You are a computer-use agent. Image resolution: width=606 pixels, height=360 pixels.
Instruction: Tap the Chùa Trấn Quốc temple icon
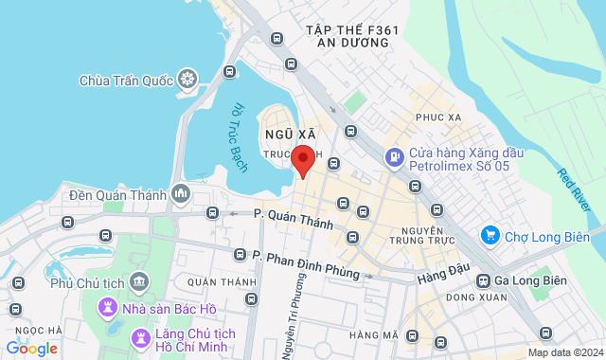point(187,78)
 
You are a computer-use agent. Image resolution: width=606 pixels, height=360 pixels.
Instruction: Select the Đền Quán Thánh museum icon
point(181,194)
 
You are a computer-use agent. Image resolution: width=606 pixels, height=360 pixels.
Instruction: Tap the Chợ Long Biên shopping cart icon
point(490,234)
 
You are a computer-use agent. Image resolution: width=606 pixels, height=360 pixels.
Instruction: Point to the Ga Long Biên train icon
point(484,280)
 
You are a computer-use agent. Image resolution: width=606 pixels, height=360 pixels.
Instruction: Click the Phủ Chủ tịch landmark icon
point(140,281)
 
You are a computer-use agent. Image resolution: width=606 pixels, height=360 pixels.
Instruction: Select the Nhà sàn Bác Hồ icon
point(110,307)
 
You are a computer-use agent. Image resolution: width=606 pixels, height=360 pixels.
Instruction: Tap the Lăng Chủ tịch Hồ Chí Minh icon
point(140,336)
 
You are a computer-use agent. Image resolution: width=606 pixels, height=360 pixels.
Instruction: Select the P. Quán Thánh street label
point(294,219)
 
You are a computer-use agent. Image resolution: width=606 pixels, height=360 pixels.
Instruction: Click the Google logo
point(31,349)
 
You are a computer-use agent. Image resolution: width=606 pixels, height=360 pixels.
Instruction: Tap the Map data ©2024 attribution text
point(563,352)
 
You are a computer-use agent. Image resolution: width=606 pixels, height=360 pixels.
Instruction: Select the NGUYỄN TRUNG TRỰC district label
point(423,239)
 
